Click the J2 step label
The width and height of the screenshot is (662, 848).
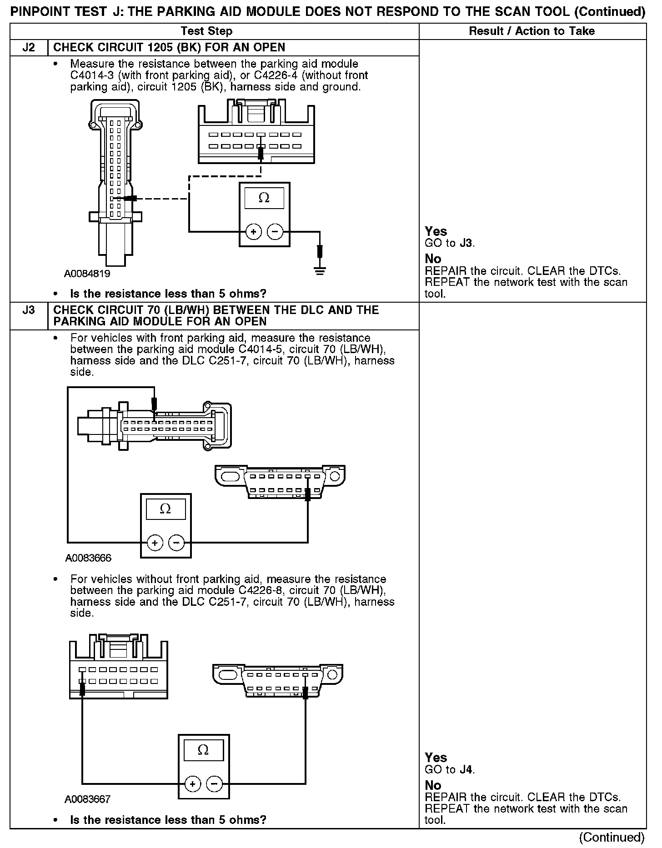coord(29,48)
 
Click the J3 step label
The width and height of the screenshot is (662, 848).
coord(29,310)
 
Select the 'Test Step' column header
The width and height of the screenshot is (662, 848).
coord(206,31)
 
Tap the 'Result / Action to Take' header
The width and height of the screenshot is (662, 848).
coord(532,31)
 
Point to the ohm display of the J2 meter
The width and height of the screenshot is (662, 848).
coord(264,198)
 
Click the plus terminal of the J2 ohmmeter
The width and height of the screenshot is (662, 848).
coord(253,232)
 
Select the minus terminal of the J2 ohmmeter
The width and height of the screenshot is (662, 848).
coord(275,232)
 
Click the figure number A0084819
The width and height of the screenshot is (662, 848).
coord(87,274)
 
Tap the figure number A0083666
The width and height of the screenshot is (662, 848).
coord(88,558)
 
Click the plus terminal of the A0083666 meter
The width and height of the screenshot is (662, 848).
coord(155,543)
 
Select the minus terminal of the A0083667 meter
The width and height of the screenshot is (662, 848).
coord(214,784)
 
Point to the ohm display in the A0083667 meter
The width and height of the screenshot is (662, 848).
coord(203,750)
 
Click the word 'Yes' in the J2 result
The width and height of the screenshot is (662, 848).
coord(436,231)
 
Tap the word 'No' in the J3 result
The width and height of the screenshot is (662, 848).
coord(433,785)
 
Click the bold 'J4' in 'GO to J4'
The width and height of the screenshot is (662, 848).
coord(466,770)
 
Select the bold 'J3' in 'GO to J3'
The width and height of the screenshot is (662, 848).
coord(466,243)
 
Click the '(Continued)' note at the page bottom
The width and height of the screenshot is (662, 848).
coord(612,837)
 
